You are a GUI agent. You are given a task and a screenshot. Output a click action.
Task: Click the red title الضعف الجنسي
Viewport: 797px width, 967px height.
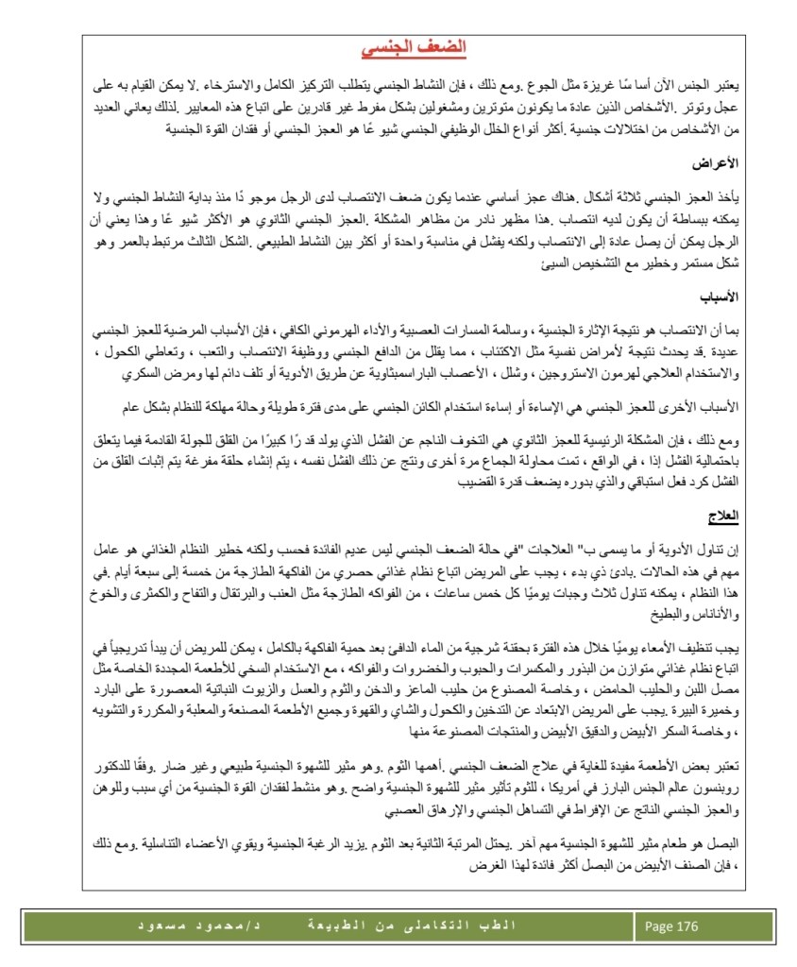(414, 47)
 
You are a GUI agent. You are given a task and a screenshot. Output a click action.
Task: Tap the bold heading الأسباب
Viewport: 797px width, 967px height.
(721, 297)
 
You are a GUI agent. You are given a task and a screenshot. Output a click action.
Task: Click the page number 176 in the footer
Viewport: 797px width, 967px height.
(687, 925)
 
